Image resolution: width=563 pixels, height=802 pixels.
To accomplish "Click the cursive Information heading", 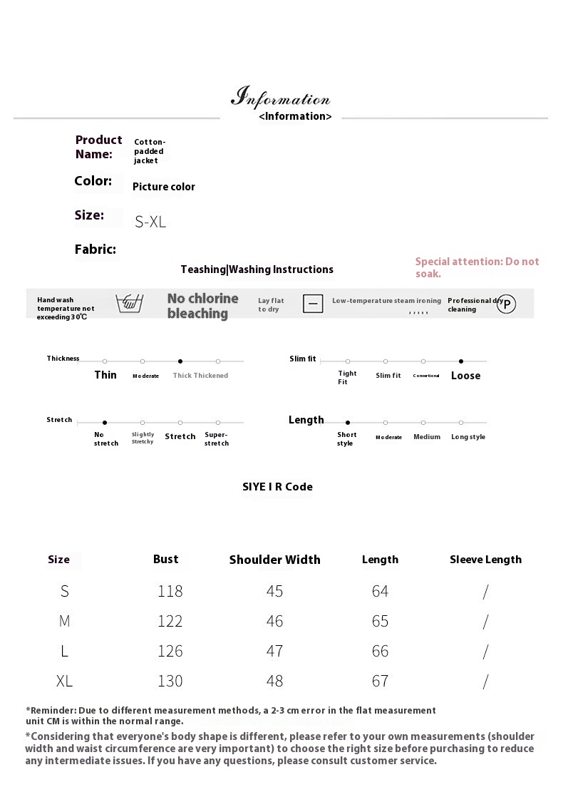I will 281,97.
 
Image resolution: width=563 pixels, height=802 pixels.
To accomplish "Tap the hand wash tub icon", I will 129,303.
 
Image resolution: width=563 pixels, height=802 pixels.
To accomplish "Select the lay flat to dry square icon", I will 313,304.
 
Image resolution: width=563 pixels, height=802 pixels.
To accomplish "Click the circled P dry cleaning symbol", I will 506,304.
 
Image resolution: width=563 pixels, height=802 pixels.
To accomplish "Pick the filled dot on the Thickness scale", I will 180,361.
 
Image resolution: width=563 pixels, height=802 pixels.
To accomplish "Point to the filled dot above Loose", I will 461,361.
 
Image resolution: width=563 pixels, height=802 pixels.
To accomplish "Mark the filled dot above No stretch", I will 105,423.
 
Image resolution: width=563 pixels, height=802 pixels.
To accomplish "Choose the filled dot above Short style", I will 348,423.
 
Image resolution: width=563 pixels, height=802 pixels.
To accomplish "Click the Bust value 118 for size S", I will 170,591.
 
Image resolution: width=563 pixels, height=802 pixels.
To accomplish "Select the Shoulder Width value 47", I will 274,651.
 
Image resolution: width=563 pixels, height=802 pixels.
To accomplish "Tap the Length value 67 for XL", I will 380,681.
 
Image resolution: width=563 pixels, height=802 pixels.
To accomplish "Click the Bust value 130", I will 170,681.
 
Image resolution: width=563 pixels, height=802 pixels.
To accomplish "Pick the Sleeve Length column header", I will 485,560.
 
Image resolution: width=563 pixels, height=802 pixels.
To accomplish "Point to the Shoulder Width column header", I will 274,560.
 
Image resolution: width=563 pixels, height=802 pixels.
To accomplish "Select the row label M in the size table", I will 65,621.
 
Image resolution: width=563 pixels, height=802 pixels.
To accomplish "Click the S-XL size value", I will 150,222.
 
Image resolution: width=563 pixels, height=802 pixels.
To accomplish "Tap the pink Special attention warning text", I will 477,267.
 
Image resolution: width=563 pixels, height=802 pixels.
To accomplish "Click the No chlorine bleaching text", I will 202,306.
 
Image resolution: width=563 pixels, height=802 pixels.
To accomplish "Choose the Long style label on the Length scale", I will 468,437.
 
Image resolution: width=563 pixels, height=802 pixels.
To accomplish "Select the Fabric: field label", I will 95,250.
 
